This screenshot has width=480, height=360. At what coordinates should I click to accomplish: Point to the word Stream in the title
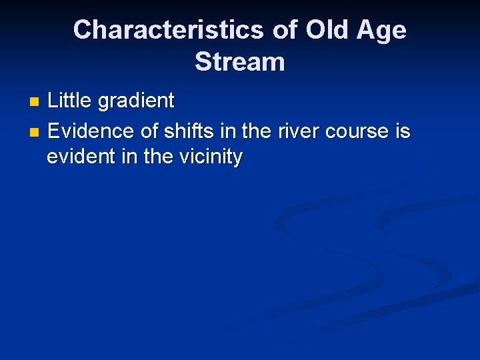click(240, 62)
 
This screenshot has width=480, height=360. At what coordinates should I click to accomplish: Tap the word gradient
click(136, 101)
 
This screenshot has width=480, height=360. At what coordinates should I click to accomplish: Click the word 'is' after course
click(403, 131)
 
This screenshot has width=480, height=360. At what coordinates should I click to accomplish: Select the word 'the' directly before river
click(257, 131)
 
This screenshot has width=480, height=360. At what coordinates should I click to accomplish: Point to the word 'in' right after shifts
click(227, 131)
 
